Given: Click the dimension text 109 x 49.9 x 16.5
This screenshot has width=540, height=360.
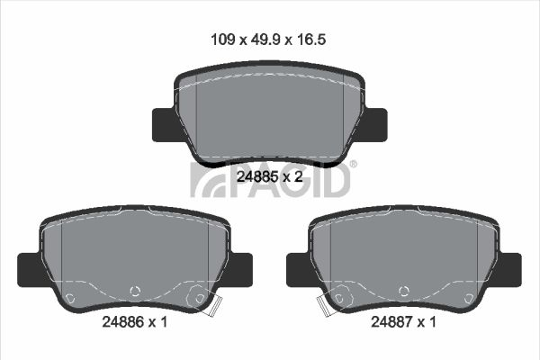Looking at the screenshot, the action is click(x=268, y=40).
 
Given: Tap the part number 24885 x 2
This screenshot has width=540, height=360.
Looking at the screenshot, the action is click(x=270, y=177).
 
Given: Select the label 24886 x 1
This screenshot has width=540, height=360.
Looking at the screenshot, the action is click(x=135, y=322).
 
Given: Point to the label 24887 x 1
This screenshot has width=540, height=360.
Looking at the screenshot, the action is click(x=403, y=322).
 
